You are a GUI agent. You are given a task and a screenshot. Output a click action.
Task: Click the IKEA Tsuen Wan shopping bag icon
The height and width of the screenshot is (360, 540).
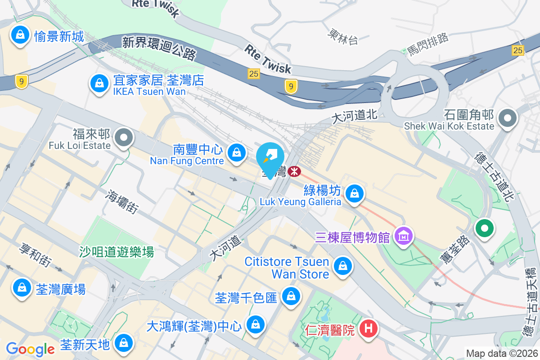98,83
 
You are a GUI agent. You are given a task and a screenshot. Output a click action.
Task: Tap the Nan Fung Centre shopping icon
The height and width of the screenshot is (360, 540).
236,153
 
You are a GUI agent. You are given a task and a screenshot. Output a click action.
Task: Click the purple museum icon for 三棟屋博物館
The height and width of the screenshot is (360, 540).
403,235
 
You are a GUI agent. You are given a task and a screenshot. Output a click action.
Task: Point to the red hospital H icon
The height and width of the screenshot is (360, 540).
368,329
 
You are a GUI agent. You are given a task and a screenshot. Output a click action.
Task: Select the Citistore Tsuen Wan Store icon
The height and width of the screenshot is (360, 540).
343,265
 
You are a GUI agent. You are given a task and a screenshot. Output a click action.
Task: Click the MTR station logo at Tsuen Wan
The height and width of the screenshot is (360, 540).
295,171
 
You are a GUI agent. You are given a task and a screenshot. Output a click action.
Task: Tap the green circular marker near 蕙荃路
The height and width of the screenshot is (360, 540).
484,228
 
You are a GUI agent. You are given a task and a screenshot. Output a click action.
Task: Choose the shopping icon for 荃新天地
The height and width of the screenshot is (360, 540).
122,343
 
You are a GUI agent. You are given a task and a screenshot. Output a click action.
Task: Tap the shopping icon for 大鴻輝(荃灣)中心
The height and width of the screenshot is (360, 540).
255,324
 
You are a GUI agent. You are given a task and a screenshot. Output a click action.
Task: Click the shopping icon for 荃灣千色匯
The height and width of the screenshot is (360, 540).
291,296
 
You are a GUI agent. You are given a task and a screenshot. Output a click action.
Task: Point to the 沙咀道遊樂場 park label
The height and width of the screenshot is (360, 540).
117,252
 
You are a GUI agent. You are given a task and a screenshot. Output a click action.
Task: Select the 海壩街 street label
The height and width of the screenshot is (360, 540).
121,201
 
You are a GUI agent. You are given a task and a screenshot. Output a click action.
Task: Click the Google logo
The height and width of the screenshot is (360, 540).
30,349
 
